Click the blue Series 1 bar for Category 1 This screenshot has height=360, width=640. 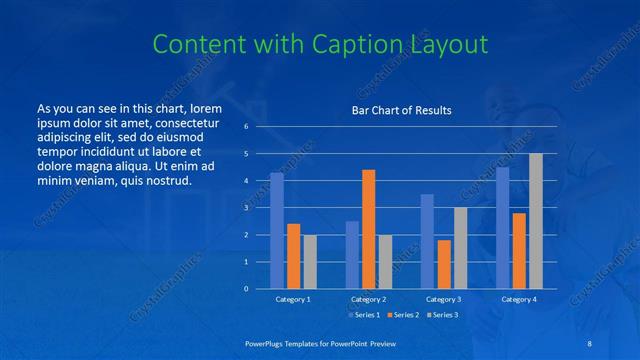pos(277,230)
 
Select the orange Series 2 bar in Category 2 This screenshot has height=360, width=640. pos(369,229)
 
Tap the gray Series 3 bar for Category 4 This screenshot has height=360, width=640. pos(536,221)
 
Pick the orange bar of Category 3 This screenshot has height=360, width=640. pos(444,264)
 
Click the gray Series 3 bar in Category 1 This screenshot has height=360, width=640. pos(310,262)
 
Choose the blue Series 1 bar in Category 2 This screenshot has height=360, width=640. pos(352,255)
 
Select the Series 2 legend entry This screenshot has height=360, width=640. pos(405,315)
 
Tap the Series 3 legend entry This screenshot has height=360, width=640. pos(445,315)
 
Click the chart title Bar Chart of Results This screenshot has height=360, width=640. pos(401,110)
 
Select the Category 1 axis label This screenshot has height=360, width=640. pos(293,299)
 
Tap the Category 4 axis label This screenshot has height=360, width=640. pos(519,299)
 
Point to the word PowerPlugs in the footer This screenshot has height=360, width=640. pos(266,342)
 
